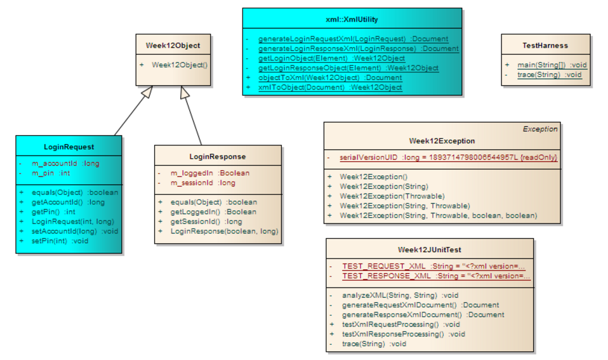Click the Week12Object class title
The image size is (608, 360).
(x=173, y=46)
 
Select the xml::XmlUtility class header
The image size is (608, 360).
(x=352, y=20)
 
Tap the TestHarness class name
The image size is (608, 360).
(x=545, y=46)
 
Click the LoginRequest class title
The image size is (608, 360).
(x=69, y=147)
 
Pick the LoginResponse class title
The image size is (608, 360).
(x=217, y=156)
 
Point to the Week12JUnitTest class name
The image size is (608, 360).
(x=429, y=250)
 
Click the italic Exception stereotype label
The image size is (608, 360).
(x=539, y=129)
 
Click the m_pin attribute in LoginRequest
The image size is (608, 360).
(x=51, y=173)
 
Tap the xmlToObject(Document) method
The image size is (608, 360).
(x=330, y=88)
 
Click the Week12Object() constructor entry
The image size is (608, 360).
(x=180, y=65)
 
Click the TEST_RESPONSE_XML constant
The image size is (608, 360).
(x=436, y=276)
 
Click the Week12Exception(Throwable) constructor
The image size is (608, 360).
(x=392, y=196)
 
